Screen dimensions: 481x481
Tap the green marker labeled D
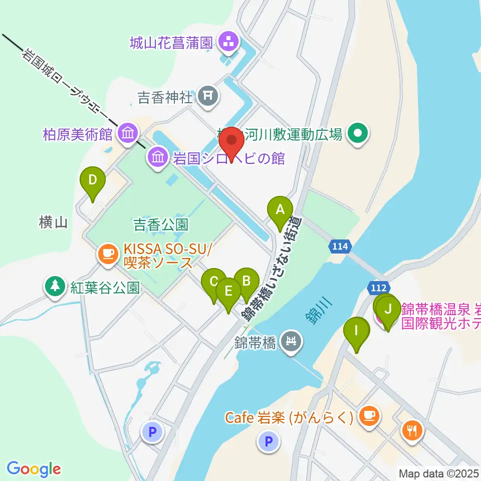(93, 180)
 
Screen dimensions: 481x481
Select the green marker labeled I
(356, 331)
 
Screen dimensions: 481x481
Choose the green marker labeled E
(228, 291)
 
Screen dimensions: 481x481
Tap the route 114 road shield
(339, 247)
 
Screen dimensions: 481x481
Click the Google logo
(34, 469)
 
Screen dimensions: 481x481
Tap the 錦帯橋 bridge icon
(290, 342)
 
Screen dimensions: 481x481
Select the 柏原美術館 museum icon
(127, 133)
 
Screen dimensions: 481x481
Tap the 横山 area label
(53, 222)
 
